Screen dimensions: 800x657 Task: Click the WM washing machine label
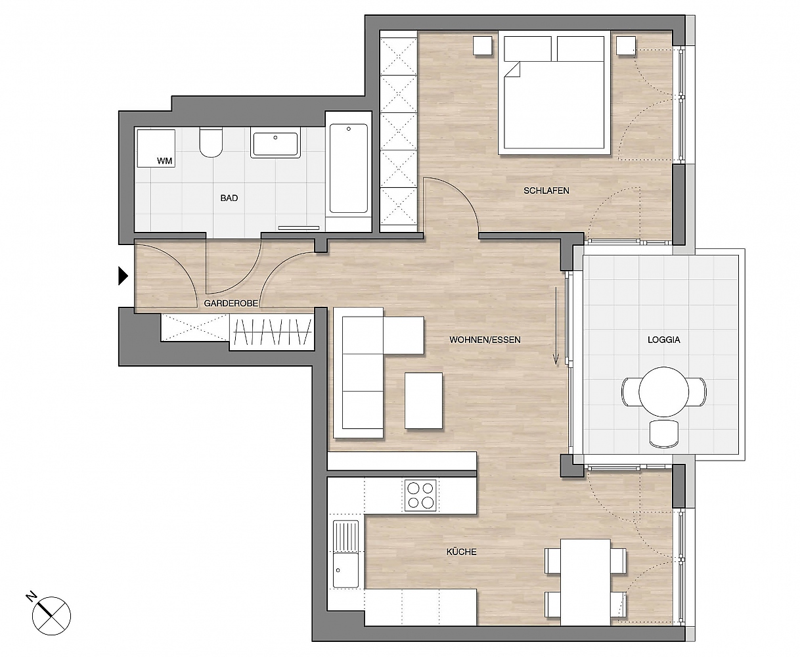click(165, 161)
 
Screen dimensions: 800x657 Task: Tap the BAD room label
click(229, 198)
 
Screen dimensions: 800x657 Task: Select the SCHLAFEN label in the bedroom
click(546, 191)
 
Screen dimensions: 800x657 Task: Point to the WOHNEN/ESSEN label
click(485, 340)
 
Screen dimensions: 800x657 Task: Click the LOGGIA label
click(664, 340)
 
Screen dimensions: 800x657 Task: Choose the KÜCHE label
click(461, 551)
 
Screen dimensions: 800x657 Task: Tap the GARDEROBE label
click(231, 304)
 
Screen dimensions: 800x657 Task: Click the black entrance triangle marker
click(123, 276)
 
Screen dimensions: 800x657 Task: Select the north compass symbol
click(50, 615)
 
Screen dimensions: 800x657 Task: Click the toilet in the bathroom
click(211, 143)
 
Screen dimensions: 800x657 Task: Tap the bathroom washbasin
click(275, 143)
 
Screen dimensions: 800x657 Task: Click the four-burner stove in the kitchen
click(420, 495)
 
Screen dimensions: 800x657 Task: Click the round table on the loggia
click(664, 392)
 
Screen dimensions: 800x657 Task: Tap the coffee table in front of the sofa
click(424, 401)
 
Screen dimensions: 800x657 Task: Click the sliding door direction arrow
click(556, 326)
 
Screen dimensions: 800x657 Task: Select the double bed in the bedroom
click(554, 93)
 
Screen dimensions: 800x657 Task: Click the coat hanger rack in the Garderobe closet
click(273, 331)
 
